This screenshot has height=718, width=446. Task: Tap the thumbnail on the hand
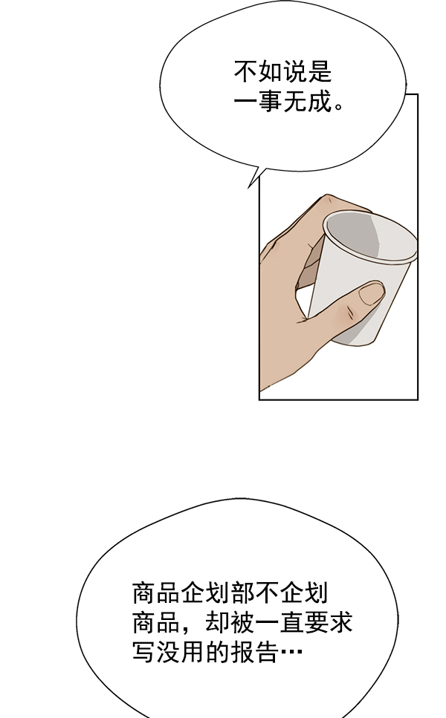click(x=371, y=293)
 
